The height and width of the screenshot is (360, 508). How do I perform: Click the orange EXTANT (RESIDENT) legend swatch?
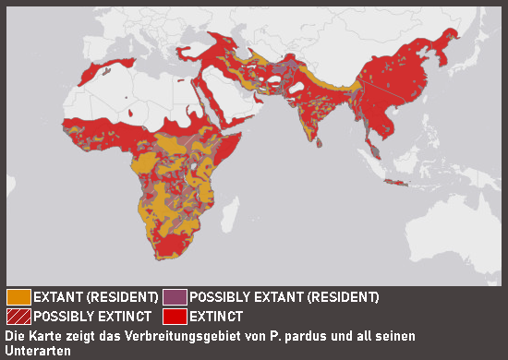(18, 297)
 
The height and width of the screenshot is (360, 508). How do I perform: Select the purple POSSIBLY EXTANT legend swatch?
(175, 297)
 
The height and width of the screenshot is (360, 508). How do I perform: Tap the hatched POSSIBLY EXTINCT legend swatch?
(18, 316)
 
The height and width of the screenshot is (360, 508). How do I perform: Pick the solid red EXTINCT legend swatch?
(175, 316)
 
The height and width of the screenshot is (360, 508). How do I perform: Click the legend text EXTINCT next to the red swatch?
(219, 316)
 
